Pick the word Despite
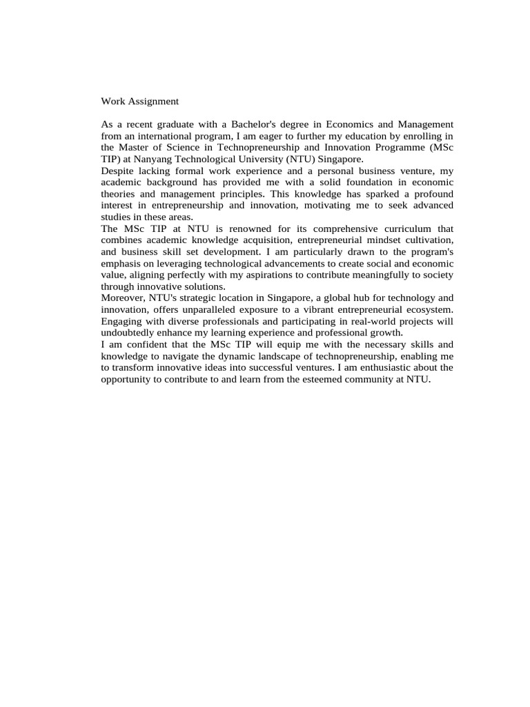(118, 171)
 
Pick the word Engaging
(121, 321)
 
